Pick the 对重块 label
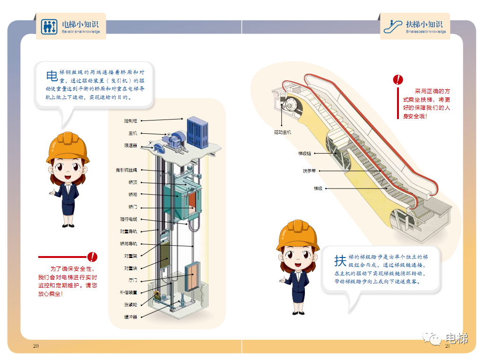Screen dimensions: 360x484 click(x=130, y=268)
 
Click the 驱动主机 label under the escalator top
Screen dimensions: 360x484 click(x=283, y=132)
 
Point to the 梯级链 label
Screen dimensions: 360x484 click(x=304, y=153)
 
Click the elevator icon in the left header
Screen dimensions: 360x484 click(x=49, y=26)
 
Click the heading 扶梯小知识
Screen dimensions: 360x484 click(x=424, y=24)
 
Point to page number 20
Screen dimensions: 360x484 click(x=35, y=345)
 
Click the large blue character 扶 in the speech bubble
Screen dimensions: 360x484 click(x=340, y=260)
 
